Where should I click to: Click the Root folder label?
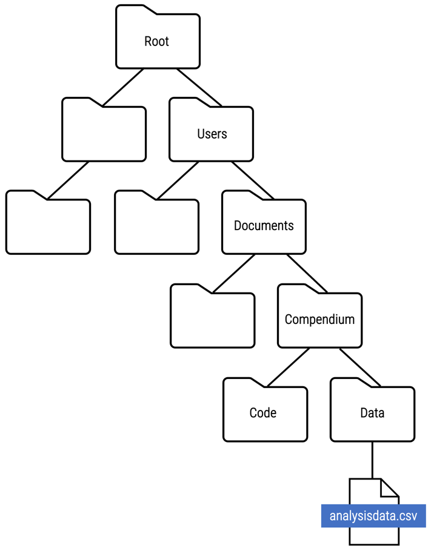[156, 42]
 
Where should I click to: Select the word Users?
[212, 134]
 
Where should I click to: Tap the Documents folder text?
[264, 226]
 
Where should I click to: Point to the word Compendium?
[319, 319]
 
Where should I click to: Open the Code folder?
[263, 413]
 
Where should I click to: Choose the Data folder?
[372, 413]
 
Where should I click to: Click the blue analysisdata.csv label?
[373, 516]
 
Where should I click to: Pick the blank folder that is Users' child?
[156, 226]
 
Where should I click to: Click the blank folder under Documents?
[212, 319]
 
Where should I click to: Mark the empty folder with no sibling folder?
[48, 226]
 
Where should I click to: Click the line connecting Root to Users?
[198, 87]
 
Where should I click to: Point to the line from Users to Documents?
[252, 180]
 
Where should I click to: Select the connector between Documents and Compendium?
[306, 273]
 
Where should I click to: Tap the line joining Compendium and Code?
[289, 367]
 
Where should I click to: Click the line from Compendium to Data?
[359, 366]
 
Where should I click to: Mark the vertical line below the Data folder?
[372, 460]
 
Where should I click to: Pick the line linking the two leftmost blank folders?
[68, 180]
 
